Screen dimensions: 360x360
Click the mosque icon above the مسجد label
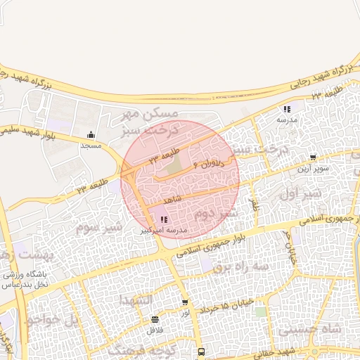click(x=91, y=135)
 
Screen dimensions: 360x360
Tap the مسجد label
click(x=91, y=145)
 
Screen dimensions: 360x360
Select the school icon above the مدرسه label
click(x=287, y=109)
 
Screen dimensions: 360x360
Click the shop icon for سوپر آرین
click(x=313, y=157)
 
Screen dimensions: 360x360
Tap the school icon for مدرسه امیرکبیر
click(x=164, y=220)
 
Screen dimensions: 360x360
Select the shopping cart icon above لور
click(x=185, y=303)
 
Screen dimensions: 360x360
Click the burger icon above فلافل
click(x=155, y=319)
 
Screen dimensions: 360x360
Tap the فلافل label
click(x=155, y=329)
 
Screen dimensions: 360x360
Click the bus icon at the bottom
click(x=202, y=352)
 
